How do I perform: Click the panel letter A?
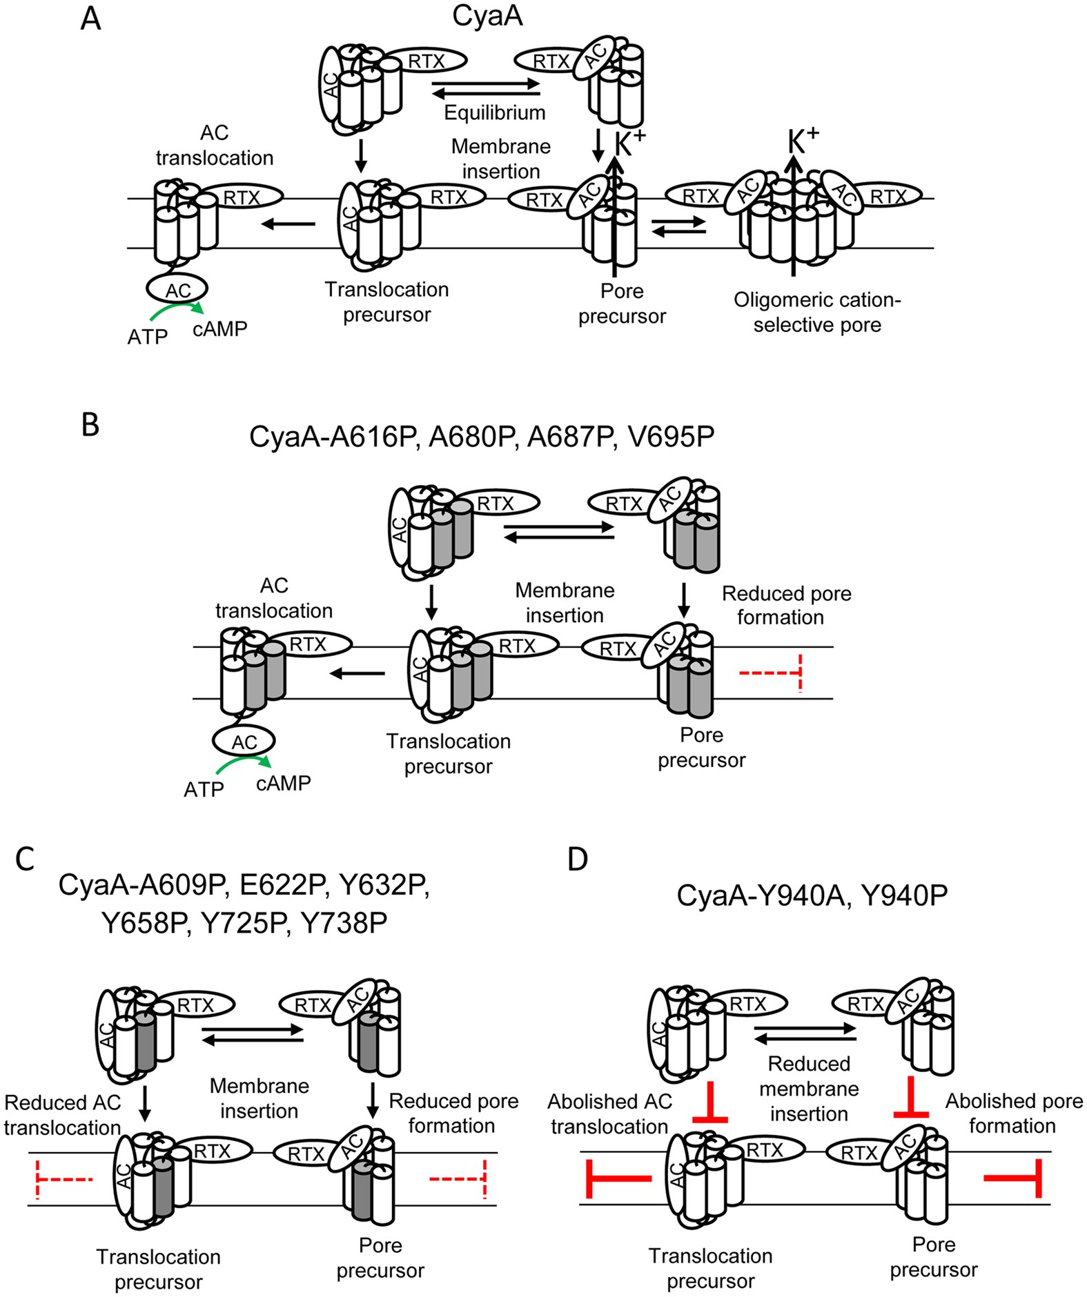[x=90, y=19]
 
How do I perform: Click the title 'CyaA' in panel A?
[x=487, y=16]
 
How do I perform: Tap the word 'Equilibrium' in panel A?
[x=494, y=112]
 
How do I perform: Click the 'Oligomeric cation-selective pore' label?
[x=817, y=313]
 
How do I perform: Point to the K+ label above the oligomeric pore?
[x=803, y=141]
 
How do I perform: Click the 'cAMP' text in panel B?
[x=283, y=783]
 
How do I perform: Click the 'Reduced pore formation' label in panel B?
[x=785, y=605]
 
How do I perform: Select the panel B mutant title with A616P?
[x=482, y=437]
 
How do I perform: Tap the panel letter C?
[x=25, y=860]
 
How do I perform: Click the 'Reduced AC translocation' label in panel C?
[x=62, y=1115]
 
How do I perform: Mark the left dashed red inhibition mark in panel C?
[x=62, y=1180]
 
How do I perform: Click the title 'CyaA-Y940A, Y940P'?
[x=812, y=895]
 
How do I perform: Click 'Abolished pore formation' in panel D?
[x=1013, y=1113]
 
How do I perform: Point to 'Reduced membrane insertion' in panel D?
[x=809, y=1089]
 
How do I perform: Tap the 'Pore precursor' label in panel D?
[x=933, y=1257]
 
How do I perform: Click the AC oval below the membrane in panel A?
[x=177, y=290]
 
